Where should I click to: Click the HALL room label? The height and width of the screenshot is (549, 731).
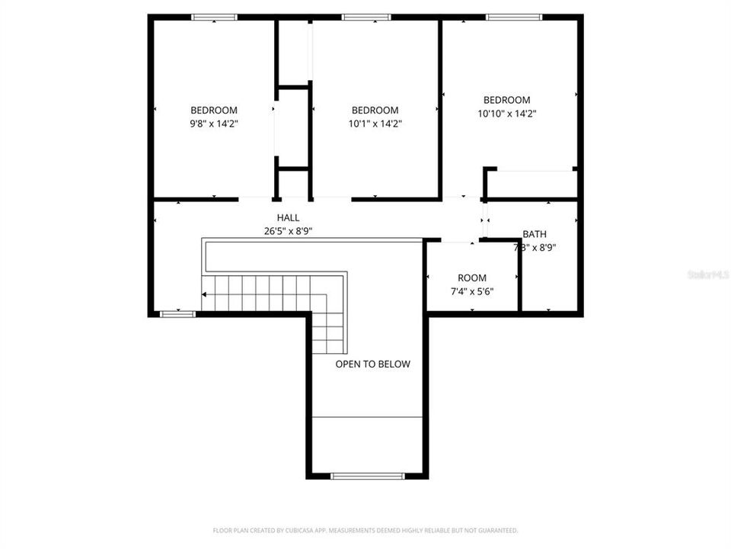pyautogui.click(x=288, y=218)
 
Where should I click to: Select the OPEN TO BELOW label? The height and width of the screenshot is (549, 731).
pyautogui.click(x=372, y=364)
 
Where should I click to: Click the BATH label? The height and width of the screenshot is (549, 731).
pyautogui.click(x=534, y=234)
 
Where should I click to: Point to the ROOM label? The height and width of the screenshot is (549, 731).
pyautogui.click(x=471, y=278)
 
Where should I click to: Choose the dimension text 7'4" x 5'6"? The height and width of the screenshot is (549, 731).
pyautogui.click(x=471, y=291)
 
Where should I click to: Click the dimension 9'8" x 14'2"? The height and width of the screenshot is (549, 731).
pyautogui.click(x=213, y=123)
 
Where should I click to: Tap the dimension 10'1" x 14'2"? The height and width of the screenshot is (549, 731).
pyautogui.click(x=375, y=123)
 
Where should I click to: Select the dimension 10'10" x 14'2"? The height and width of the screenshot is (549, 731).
pyautogui.click(x=507, y=113)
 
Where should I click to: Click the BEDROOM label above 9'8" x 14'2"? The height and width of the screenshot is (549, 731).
pyautogui.click(x=213, y=110)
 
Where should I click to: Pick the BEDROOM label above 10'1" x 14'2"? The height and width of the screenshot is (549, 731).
pyautogui.click(x=375, y=110)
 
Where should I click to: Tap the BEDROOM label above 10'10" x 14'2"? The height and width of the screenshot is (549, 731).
pyautogui.click(x=507, y=100)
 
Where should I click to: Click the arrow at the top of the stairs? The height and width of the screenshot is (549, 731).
pyautogui.click(x=205, y=294)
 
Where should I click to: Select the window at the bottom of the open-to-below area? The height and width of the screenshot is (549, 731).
pyautogui.click(x=367, y=476)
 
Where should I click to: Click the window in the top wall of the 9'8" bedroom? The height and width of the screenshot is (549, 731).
pyautogui.click(x=214, y=17)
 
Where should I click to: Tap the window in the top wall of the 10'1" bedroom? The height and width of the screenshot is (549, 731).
pyautogui.click(x=366, y=17)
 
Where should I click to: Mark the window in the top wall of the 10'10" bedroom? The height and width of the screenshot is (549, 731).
pyautogui.click(x=514, y=17)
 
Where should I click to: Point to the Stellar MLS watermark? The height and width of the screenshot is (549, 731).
pyautogui.click(x=707, y=274)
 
